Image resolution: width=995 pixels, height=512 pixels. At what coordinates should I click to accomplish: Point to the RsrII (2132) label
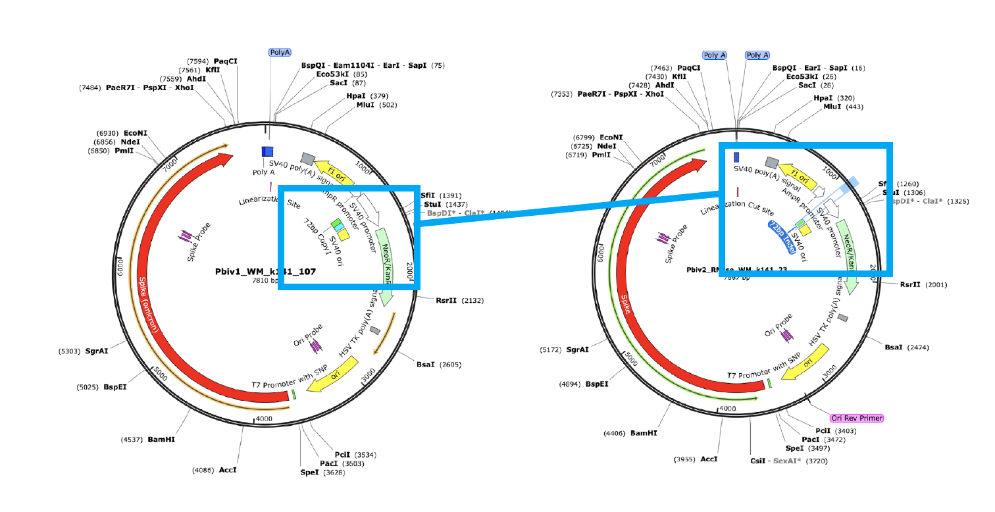pos(459,300)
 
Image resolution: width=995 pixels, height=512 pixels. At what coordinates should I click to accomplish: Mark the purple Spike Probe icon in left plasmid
pos(186,234)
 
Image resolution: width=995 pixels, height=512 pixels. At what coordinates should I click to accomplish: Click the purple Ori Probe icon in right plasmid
pos(786,336)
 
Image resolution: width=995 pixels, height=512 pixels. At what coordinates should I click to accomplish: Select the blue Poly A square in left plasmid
pos(267,152)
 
